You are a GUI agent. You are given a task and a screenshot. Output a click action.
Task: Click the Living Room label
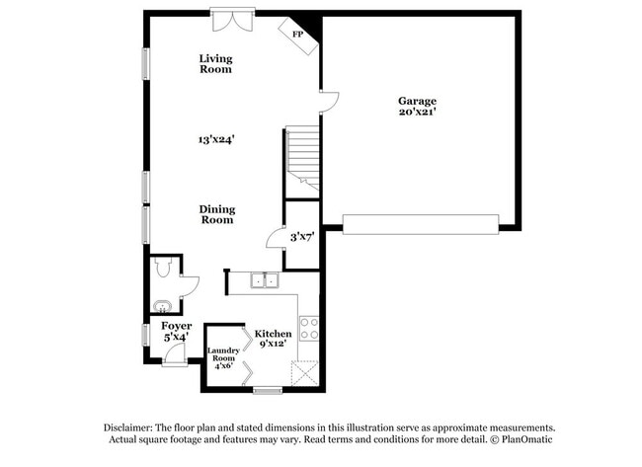point(215,64)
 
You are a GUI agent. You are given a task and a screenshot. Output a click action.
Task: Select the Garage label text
point(417,101)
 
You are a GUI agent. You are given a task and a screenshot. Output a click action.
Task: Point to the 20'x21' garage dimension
point(417,113)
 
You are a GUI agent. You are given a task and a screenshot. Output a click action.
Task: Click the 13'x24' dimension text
point(214,140)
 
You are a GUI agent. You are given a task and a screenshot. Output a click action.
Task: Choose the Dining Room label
point(217,214)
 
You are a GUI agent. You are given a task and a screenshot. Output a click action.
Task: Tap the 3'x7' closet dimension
point(301,237)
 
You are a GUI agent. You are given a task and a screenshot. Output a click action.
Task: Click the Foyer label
point(176,326)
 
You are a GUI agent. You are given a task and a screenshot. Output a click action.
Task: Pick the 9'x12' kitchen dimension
point(273,345)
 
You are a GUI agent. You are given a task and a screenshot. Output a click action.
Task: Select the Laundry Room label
point(223,355)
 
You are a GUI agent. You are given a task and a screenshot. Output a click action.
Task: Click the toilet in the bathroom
point(165,267)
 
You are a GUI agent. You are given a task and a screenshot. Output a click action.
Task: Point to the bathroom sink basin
point(161,304)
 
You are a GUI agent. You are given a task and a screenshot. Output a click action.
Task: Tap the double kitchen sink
point(263,281)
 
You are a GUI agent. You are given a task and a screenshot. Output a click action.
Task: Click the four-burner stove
point(308,328)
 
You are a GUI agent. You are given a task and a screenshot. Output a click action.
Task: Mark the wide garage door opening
point(421,223)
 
